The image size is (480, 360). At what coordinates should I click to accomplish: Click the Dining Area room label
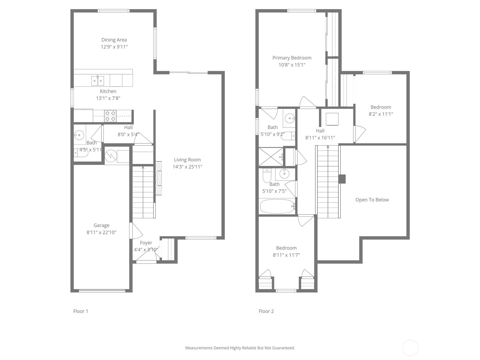point(114,40)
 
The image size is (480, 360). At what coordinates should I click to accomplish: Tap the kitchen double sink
point(97,81)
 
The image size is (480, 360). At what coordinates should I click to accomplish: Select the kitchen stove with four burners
point(110,116)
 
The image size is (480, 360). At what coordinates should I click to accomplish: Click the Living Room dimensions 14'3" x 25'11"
point(187,167)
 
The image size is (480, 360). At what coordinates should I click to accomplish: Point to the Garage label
point(101,225)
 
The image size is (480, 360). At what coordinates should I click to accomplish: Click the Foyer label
point(146,243)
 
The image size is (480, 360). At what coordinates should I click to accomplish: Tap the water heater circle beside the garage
point(111,156)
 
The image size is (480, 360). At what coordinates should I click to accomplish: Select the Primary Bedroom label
point(292,58)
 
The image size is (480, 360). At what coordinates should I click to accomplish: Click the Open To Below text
point(372,200)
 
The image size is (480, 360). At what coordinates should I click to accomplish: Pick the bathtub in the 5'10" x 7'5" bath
point(277,206)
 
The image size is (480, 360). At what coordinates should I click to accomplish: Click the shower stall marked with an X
point(271,157)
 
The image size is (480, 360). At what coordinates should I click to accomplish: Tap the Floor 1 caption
point(80,311)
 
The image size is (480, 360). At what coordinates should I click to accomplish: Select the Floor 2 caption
point(266,311)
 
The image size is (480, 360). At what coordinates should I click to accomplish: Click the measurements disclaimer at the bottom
point(240,348)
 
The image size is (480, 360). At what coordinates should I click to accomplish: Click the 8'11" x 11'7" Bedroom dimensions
point(286,255)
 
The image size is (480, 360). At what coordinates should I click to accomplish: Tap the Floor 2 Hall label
point(320,131)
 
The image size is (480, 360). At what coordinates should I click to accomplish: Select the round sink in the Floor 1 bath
point(79,135)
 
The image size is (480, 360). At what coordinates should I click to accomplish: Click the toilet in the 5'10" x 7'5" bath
point(267,175)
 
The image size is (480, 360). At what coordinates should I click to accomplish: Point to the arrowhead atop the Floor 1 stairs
point(143,167)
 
